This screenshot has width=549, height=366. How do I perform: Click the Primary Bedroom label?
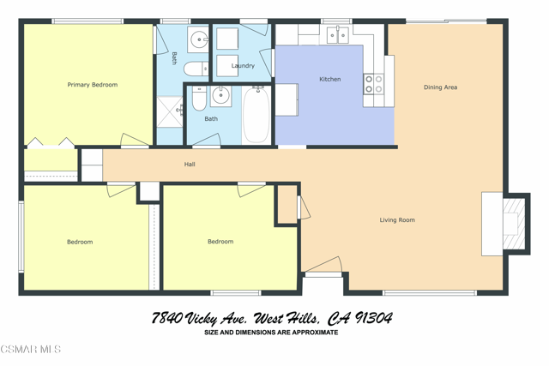[x=93, y=85]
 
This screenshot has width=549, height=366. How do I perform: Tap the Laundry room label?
[x=243, y=65]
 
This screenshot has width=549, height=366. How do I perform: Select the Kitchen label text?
[x=329, y=79]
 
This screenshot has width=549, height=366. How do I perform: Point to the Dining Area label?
[x=440, y=87]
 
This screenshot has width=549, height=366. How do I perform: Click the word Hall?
[x=190, y=164]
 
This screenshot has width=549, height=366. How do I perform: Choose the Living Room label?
[x=397, y=220]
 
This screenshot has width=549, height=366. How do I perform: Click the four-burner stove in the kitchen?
[x=374, y=83]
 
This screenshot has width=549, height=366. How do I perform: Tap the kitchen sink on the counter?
[x=337, y=35]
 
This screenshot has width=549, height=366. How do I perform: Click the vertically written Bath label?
[x=174, y=58]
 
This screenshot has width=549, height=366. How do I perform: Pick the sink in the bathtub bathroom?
[x=220, y=95]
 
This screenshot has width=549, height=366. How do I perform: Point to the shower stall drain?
[x=180, y=110]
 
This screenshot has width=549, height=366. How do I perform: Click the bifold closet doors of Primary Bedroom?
[x=49, y=142]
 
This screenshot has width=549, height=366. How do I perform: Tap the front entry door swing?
[x=326, y=266]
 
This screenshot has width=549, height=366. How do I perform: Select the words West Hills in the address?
[x=287, y=319]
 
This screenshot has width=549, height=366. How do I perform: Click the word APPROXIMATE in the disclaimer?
[x=311, y=333]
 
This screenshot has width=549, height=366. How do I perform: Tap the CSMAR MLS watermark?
[x=31, y=349]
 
